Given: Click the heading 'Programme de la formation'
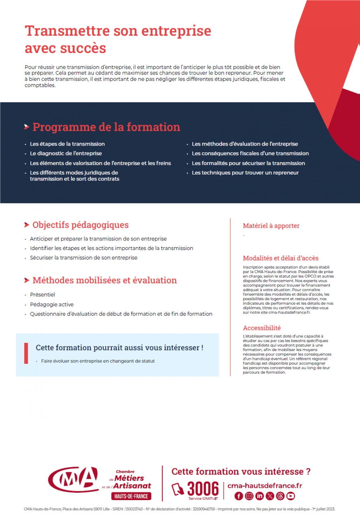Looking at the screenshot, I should point(106,127).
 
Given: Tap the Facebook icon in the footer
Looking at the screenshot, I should point(239,496).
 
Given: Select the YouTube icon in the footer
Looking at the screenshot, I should point(291,496).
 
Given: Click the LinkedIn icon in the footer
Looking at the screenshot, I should point(260,496).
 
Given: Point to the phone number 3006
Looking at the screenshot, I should point(203,488).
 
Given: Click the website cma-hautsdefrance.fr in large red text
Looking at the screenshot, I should point(265,486).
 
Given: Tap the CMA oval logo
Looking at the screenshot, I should point(73,479).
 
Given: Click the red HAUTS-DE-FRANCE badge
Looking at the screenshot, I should point(131,496).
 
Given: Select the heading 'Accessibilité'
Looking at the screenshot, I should point(262,328).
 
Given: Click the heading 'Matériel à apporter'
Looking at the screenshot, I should point(271,226).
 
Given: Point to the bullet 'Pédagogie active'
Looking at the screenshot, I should point(52,304).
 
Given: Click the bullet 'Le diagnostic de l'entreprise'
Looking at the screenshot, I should point(66,153).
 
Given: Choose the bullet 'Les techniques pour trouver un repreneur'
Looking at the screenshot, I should point(245,173).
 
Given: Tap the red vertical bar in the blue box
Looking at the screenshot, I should point(26,353).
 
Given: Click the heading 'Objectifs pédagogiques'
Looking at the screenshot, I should point(81,225).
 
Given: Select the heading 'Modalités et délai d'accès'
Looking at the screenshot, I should point(281,258).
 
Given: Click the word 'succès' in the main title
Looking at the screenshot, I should point(83,48).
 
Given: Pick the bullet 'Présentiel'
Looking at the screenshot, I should point(42,295).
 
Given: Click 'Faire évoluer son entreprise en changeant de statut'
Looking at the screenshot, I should point(98,361).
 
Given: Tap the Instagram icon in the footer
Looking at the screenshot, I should point(249,496).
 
